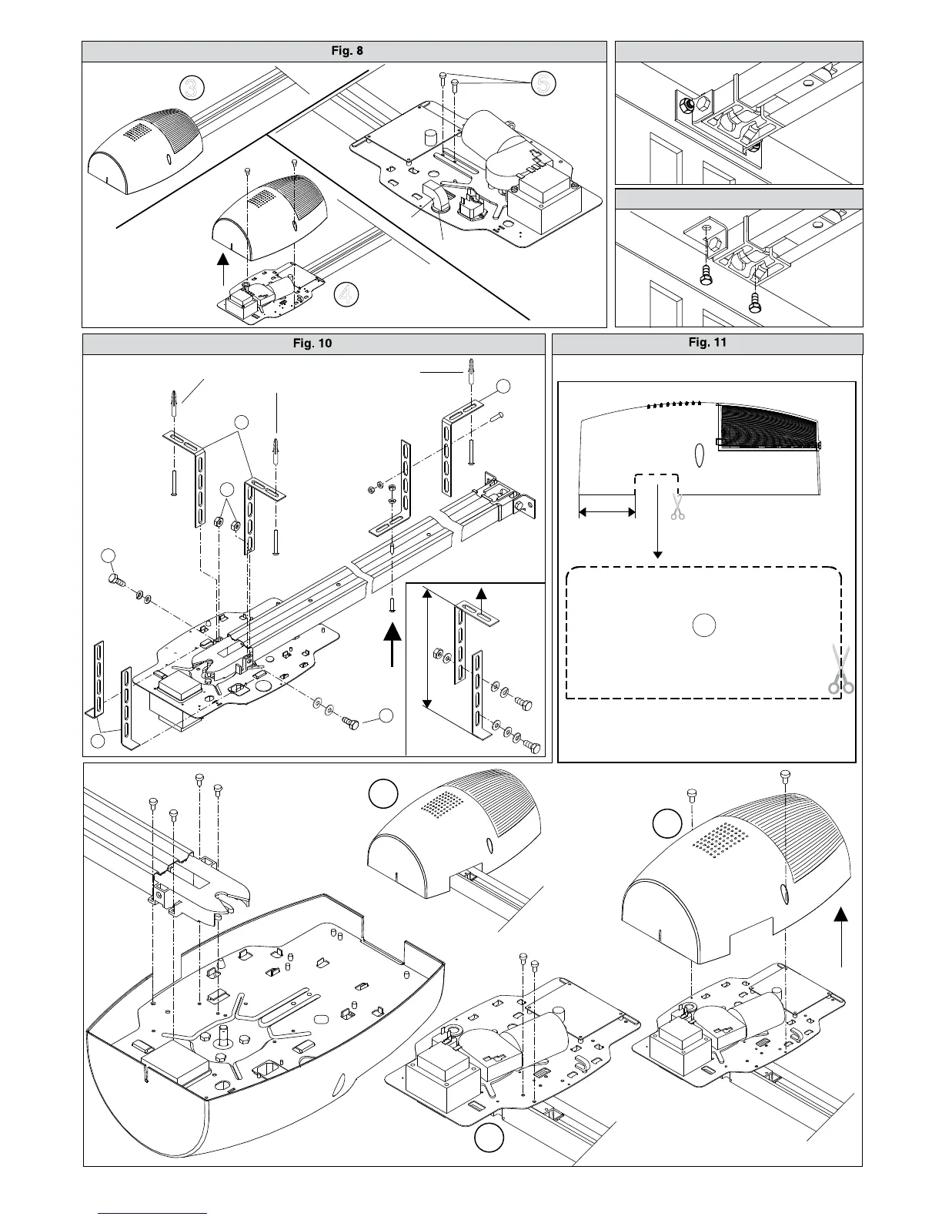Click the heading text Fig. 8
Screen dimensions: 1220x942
(x=343, y=51)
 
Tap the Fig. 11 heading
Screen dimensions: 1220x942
(x=707, y=343)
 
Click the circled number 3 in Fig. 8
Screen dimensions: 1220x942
(x=191, y=89)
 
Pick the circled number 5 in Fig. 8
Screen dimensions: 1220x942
(x=543, y=84)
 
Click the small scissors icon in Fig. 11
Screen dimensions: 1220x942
(x=677, y=507)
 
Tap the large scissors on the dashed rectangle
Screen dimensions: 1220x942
(x=840, y=671)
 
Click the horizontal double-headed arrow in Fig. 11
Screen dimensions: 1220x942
(x=606, y=511)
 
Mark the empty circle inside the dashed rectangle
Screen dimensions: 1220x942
(x=703, y=625)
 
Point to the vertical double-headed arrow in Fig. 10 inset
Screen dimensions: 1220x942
(x=426, y=649)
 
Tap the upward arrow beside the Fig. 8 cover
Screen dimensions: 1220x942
(x=222, y=270)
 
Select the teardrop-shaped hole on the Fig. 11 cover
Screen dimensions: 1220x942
(x=700, y=454)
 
